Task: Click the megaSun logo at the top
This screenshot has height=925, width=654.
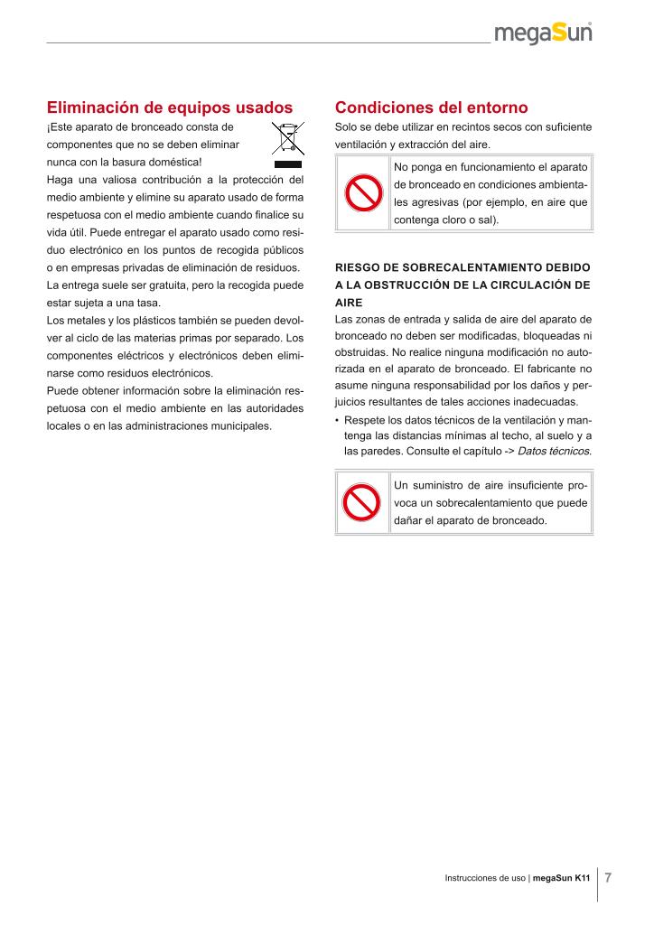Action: [543, 33]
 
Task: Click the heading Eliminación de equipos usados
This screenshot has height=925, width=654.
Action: [170, 107]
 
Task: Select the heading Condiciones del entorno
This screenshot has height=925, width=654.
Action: [431, 107]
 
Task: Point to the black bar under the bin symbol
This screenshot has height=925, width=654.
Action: [287, 164]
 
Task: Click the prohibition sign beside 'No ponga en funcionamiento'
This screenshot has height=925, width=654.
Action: [361, 193]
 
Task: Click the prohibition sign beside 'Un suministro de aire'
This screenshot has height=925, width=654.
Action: [361, 503]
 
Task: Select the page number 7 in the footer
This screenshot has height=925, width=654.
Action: [608, 877]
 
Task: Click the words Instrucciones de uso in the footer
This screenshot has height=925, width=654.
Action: [485, 878]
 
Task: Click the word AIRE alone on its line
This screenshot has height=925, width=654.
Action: [349, 304]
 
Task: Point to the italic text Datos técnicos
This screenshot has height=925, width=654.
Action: [554, 450]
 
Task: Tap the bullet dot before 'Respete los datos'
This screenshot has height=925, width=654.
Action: [337, 421]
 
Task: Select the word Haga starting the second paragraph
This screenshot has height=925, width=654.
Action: [60, 180]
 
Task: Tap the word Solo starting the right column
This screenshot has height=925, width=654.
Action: [347, 127]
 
